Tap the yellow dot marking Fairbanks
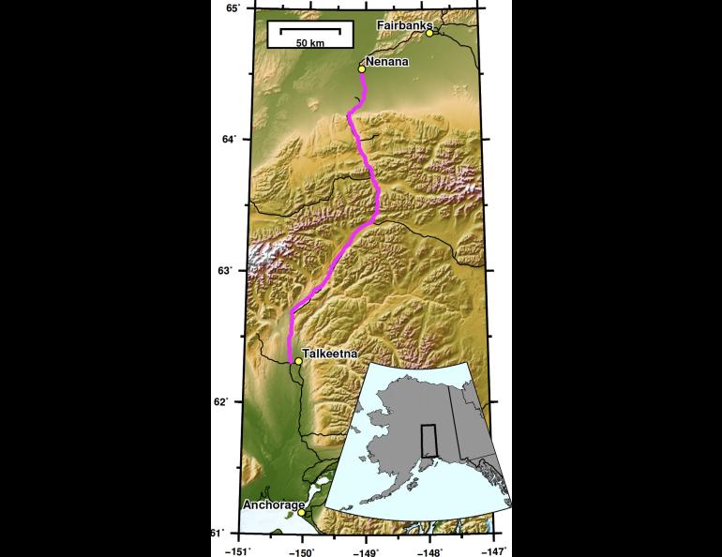[429, 33]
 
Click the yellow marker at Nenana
[362, 68]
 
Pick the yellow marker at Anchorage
[301, 513]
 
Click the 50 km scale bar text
[310, 43]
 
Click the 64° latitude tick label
[229, 139]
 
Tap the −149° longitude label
[367, 549]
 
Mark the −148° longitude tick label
[430, 549]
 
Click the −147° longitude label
[493, 549]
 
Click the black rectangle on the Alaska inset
[429, 440]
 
